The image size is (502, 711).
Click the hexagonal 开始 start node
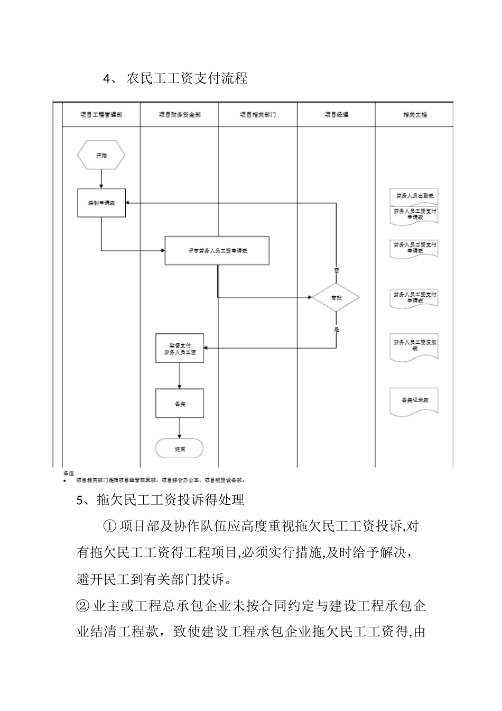(x=101, y=156)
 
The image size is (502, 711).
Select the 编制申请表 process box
(x=101, y=203)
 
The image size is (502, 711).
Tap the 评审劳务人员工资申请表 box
(x=217, y=251)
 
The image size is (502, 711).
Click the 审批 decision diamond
(x=336, y=298)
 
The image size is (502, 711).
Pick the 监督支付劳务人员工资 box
(x=180, y=348)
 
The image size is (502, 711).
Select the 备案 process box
(x=180, y=404)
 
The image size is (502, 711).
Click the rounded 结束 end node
(x=180, y=449)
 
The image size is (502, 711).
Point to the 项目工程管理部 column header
(x=101, y=114)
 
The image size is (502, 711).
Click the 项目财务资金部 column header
(x=179, y=114)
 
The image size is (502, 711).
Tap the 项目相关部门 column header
(x=258, y=114)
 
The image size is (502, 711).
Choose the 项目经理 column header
(x=336, y=114)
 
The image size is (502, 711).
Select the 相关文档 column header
(x=414, y=114)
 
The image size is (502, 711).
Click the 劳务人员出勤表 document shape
(x=414, y=196)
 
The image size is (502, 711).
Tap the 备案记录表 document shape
(x=414, y=401)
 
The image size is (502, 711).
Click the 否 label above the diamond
(x=336, y=270)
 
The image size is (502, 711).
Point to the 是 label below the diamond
(x=336, y=330)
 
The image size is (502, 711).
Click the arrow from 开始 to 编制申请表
(x=101, y=178)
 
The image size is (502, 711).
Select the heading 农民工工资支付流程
(x=187, y=78)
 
